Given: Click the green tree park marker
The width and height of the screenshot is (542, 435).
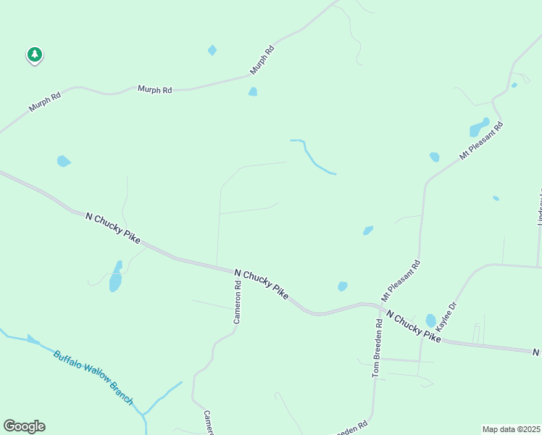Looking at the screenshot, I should pyautogui.click(x=34, y=54).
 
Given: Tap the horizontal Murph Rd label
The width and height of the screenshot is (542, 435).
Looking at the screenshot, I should pyautogui.click(x=155, y=90).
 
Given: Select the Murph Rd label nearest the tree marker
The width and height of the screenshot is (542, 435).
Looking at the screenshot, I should pyautogui.click(x=44, y=101).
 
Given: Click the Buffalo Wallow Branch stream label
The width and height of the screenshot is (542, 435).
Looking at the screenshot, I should pyautogui.click(x=93, y=378).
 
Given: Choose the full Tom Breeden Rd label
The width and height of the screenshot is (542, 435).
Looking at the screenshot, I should pyautogui.click(x=377, y=348).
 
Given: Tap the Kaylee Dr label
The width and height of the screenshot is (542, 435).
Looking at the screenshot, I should pyautogui.click(x=446, y=318).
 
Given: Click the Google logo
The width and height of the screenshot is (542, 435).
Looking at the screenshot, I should pyautogui.click(x=24, y=426).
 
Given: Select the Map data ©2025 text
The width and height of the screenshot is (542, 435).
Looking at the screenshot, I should pyautogui.click(x=511, y=429).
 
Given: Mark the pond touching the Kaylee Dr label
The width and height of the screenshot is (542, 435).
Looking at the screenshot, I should pyautogui.click(x=431, y=320).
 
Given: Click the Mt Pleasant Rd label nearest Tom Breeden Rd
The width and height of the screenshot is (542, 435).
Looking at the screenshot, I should pyautogui.click(x=401, y=281).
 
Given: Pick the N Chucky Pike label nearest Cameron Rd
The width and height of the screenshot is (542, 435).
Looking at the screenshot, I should pyautogui.click(x=261, y=283).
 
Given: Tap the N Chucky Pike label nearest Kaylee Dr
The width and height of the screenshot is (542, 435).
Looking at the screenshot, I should pyautogui.click(x=413, y=326).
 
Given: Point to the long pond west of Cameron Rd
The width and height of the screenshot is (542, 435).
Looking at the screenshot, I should pyautogui.click(x=115, y=276).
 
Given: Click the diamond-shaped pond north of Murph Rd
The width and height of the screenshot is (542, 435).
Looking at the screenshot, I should pyautogui.click(x=212, y=50).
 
